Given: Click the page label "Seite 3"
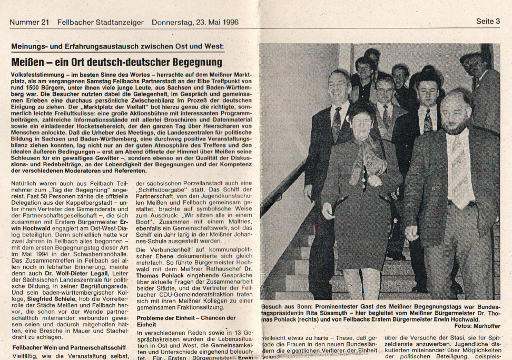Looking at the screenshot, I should pos(488,22).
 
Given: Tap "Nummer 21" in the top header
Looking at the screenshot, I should pos(26,22).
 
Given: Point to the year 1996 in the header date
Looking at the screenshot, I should pos(234,22).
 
